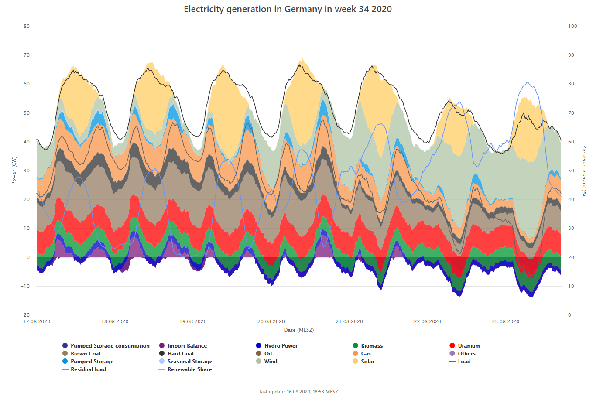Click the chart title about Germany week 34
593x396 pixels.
[288, 9]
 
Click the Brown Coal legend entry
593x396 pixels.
[86, 354]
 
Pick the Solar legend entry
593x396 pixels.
[367, 362]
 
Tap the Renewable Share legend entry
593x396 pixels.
[189, 369]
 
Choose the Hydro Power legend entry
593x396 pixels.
[281, 346]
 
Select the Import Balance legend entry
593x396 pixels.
[187, 346]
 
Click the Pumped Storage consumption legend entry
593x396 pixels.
[110, 346]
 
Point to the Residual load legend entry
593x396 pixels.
[88, 369]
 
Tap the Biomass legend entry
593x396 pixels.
[372, 346]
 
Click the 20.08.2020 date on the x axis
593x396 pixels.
[271, 321]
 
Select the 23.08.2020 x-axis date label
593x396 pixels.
[506, 321]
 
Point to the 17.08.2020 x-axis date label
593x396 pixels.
[37, 321]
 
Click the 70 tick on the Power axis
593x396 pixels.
[27, 55]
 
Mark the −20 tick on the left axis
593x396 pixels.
[25, 315]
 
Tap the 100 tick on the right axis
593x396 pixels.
[572, 26]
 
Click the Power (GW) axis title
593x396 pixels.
[14, 171]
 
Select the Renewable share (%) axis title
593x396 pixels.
[584, 171]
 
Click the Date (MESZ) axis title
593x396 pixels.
[298, 330]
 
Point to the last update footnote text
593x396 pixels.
[298, 392]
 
